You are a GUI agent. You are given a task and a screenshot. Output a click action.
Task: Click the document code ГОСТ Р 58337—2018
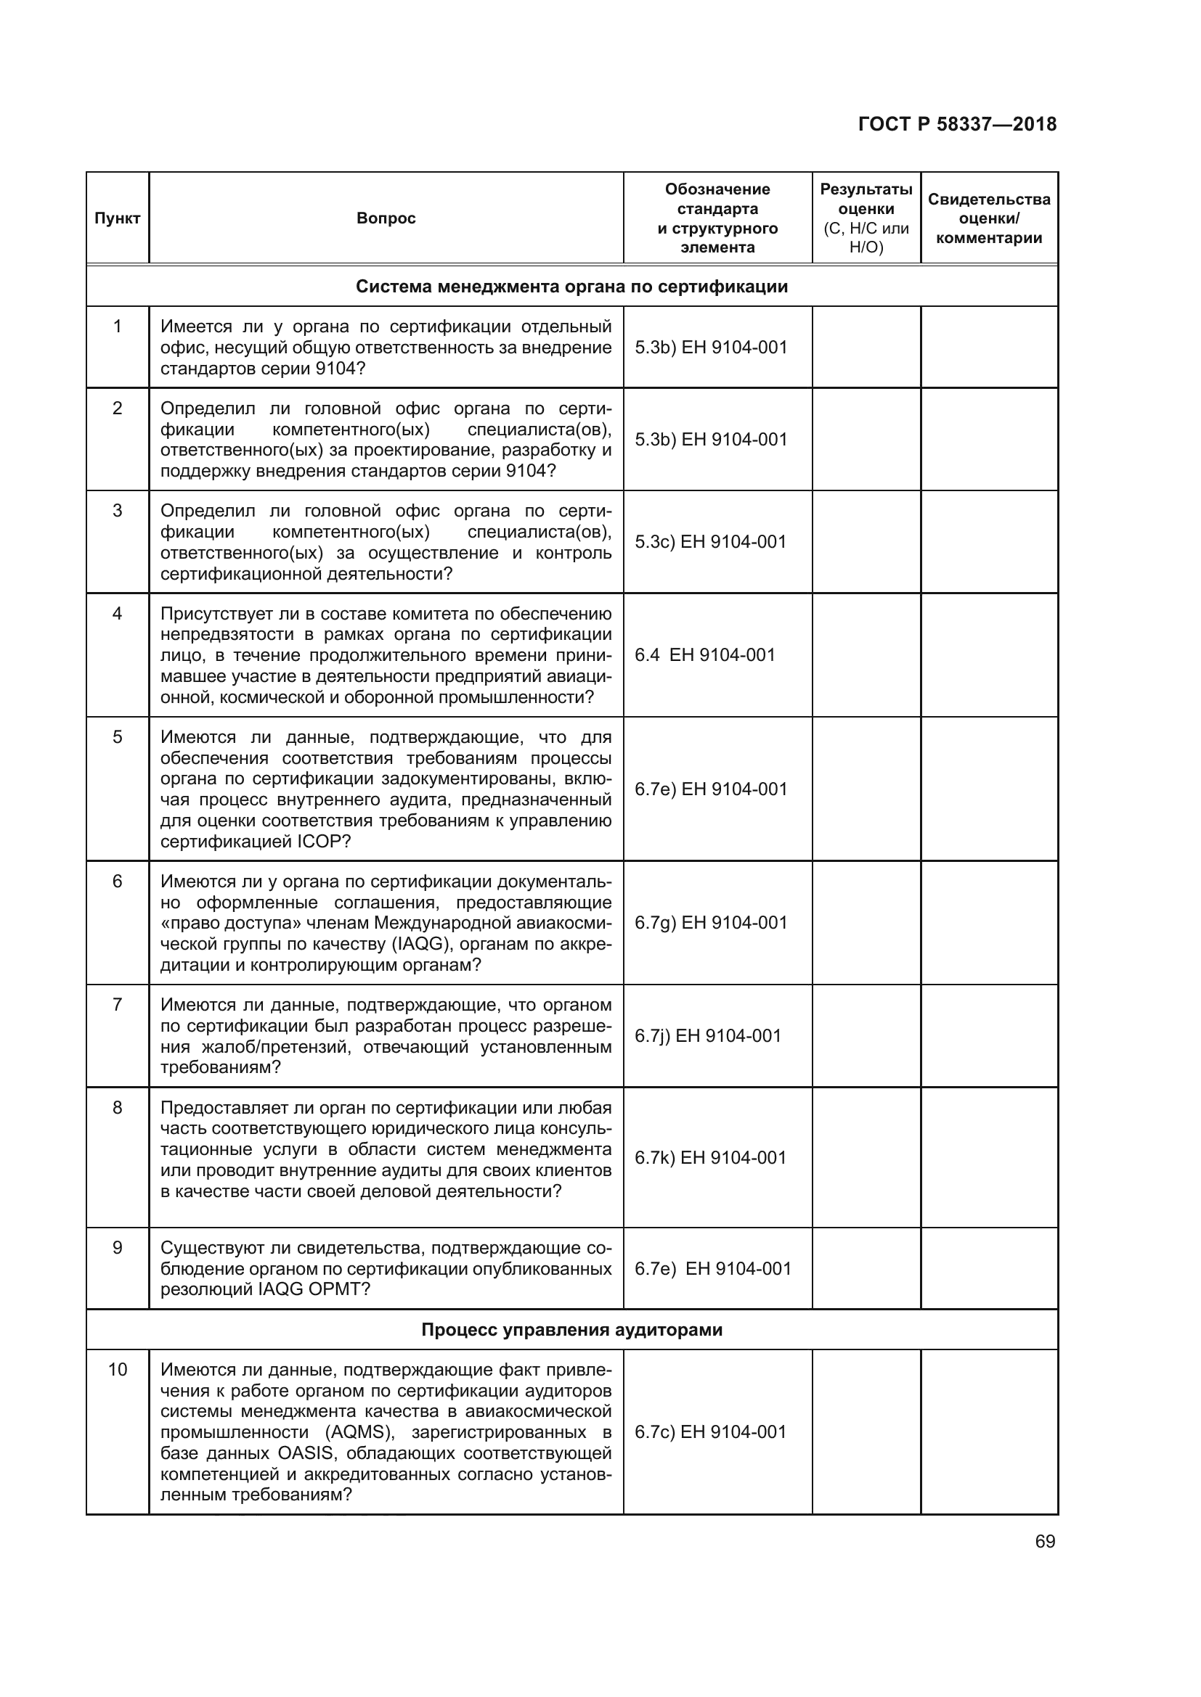coord(957,124)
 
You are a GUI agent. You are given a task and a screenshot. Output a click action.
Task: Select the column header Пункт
coord(118,218)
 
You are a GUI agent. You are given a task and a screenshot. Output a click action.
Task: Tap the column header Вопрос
coord(386,218)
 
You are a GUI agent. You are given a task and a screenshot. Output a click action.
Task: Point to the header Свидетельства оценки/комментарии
coord(989,218)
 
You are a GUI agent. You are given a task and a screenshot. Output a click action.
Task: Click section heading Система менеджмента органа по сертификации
coord(571,286)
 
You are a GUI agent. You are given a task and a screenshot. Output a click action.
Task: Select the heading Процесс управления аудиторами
coord(571,1330)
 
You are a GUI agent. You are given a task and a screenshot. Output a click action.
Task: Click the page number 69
coord(1045,1541)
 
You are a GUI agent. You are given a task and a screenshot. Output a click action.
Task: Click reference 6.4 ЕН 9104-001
coord(705,655)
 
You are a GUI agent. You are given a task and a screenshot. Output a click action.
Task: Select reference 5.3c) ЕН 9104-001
coord(711,542)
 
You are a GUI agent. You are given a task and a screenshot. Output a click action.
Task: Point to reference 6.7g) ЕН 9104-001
coord(711,922)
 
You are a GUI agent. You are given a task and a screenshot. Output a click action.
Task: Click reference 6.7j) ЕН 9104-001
coord(708,1035)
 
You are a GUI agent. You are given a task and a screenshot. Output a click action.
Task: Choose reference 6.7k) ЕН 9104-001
coord(711,1157)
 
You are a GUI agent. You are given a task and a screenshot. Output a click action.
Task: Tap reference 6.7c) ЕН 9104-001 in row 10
coord(711,1431)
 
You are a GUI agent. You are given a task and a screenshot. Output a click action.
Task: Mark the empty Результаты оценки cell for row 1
coord(866,348)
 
